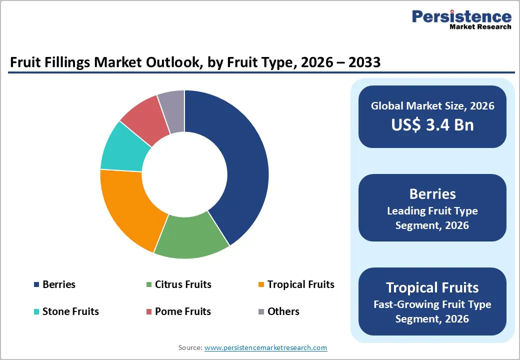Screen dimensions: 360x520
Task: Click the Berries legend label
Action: point(59,284)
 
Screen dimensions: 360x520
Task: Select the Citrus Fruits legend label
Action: point(183,284)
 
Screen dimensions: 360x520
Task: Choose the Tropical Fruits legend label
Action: point(300,284)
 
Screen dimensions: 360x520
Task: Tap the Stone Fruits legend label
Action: point(70,311)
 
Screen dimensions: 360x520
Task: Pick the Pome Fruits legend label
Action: point(183,311)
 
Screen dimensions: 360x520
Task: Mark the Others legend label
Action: point(283,311)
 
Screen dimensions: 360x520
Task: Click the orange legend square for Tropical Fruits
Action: point(261,285)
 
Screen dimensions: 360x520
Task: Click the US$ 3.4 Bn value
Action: point(432,124)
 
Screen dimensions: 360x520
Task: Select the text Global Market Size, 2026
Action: point(432,105)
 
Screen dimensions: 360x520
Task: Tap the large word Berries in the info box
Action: point(432,194)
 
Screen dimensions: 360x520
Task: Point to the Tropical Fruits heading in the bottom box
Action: point(432,287)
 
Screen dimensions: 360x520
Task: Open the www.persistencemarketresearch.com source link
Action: point(265,347)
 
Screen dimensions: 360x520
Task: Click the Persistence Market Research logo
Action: point(461,20)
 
